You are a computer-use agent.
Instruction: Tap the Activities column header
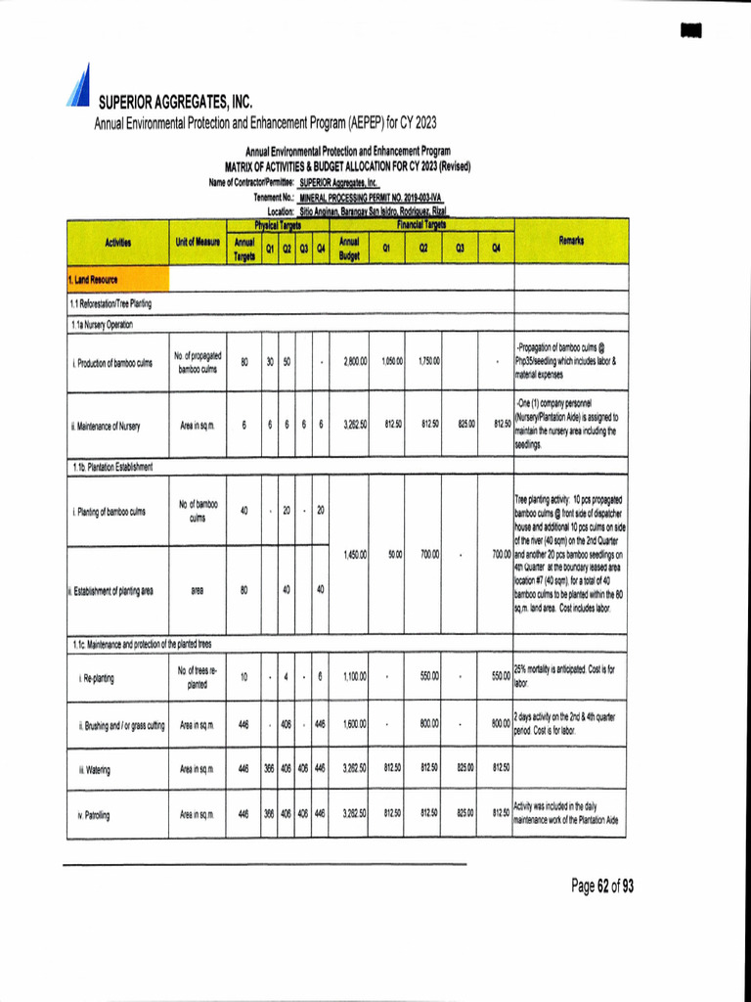(x=116, y=241)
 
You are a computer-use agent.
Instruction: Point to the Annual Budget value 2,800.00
(x=354, y=362)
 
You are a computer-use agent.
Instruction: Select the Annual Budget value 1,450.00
(x=354, y=555)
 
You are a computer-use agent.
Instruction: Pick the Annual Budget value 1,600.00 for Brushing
(x=354, y=725)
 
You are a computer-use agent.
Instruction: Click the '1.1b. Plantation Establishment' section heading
(x=111, y=467)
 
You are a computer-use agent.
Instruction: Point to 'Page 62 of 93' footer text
(x=602, y=887)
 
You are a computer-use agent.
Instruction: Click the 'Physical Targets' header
(x=277, y=225)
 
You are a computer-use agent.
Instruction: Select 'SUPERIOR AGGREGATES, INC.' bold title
(x=175, y=102)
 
